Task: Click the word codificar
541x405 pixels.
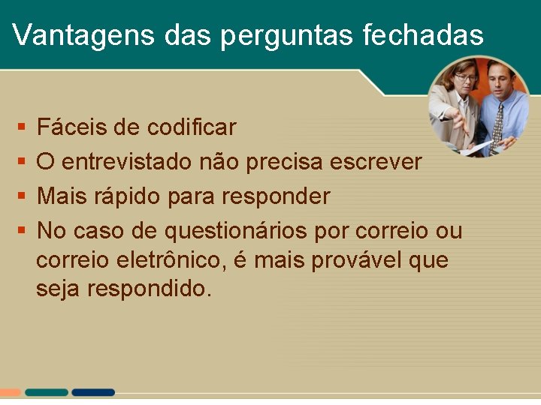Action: pyautogui.click(x=192, y=127)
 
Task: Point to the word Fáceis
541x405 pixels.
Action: pyautogui.click(x=72, y=127)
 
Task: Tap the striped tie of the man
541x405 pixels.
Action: pyautogui.click(x=497, y=124)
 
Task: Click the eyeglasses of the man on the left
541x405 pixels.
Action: pyautogui.click(x=466, y=77)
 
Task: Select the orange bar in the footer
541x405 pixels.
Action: pyautogui.click(x=11, y=392)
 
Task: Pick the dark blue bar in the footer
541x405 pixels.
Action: pyautogui.click(x=93, y=392)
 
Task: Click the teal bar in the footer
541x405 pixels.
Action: pyautogui.click(x=46, y=392)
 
